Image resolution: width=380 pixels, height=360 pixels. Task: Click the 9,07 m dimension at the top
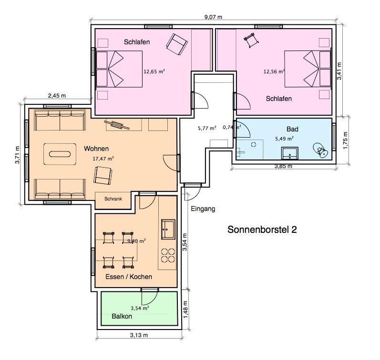[x=213, y=17]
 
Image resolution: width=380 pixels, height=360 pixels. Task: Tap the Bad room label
[x=292, y=129]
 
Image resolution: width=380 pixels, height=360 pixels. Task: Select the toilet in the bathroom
[x=320, y=150]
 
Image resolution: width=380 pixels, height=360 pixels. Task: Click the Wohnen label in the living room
[x=96, y=149]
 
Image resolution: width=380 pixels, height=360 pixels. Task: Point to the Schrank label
[x=113, y=199]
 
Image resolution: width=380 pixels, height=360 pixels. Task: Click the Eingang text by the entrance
[x=203, y=209]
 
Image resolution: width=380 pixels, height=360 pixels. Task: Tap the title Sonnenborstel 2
[x=262, y=230]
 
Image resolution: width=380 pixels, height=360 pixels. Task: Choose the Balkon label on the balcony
[x=122, y=316]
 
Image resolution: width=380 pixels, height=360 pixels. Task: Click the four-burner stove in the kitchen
[x=168, y=255]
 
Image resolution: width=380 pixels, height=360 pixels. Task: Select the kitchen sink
[x=168, y=229]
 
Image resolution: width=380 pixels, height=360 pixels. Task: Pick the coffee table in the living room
[x=60, y=154]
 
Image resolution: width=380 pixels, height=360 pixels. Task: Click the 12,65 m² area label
[x=154, y=71]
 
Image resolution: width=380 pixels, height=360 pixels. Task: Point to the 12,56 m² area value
[x=274, y=71]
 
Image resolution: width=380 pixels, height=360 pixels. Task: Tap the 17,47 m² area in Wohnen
[x=103, y=159]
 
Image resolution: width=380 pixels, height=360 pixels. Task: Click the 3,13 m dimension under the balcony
[x=139, y=335]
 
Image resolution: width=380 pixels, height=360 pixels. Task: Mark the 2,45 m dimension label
[x=57, y=96]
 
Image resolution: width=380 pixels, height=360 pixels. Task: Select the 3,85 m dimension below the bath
[x=283, y=166]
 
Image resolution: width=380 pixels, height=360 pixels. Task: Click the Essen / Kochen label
[x=129, y=277]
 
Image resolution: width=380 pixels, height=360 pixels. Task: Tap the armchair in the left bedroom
[x=177, y=45]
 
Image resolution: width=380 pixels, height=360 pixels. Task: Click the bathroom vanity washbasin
[x=290, y=153]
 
